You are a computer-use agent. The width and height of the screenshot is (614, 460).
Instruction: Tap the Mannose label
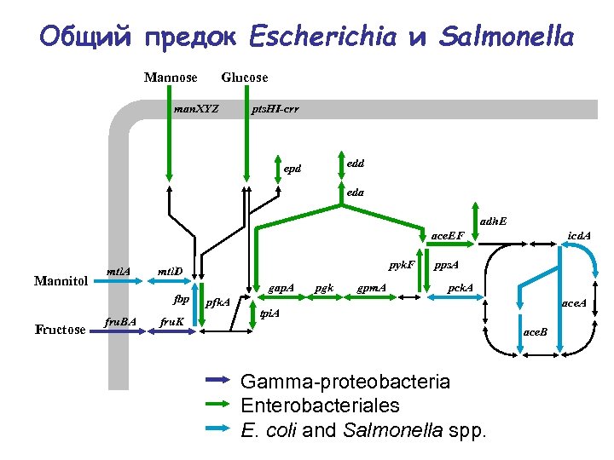(171, 78)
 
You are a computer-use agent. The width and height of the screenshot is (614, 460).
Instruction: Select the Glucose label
(245, 78)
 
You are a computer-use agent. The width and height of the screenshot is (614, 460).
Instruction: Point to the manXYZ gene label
(196, 110)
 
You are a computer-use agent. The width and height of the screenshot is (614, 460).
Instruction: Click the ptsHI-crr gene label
(275, 110)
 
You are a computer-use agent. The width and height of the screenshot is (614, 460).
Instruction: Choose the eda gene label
(356, 193)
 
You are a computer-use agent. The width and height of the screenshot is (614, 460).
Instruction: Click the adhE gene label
(493, 221)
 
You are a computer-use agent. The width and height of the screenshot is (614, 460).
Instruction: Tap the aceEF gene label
(448, 234)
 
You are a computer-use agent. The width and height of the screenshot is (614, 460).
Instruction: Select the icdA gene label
(580, 235)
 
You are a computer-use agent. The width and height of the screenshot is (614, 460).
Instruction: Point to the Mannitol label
(61, 280)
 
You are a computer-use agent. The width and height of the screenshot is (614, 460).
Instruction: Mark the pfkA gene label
(218, 302)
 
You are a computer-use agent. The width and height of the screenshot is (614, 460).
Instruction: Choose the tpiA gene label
(269, 313)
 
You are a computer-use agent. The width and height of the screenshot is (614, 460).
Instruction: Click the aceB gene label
(536, 330)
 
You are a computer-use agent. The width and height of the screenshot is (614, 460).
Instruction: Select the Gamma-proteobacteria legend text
(345, 381)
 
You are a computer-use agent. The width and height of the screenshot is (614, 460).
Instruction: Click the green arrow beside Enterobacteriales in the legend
(218, 405)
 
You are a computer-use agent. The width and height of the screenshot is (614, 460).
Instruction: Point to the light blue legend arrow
(218, 428)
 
